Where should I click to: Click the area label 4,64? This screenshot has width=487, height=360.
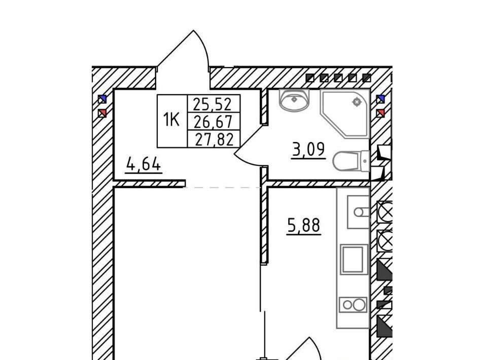(x=144, y=164)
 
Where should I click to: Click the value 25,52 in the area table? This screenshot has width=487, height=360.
(x=213, y=104)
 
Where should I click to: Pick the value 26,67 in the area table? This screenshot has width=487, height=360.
(x=213, y=122)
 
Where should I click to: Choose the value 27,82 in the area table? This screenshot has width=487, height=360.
(x=214, y=139)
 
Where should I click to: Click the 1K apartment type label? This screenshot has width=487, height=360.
(x=171, y=120)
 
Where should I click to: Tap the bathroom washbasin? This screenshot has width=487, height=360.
(x=294, y=100)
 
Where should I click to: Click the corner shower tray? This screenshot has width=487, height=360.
(x=345, y=114)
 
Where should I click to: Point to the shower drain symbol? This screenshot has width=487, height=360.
(x=357, y=101)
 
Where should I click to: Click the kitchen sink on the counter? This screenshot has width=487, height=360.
(x=358, y=212)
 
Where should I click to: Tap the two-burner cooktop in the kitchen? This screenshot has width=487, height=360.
(x=353, y=304)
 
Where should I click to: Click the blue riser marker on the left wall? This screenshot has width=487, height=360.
(x=102, y=99)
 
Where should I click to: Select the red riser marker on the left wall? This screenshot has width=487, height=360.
(x=102, y=113)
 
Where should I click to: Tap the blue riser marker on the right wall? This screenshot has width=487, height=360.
(x=380, y=99)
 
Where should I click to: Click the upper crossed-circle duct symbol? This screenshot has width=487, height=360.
(x=385, y=212)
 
